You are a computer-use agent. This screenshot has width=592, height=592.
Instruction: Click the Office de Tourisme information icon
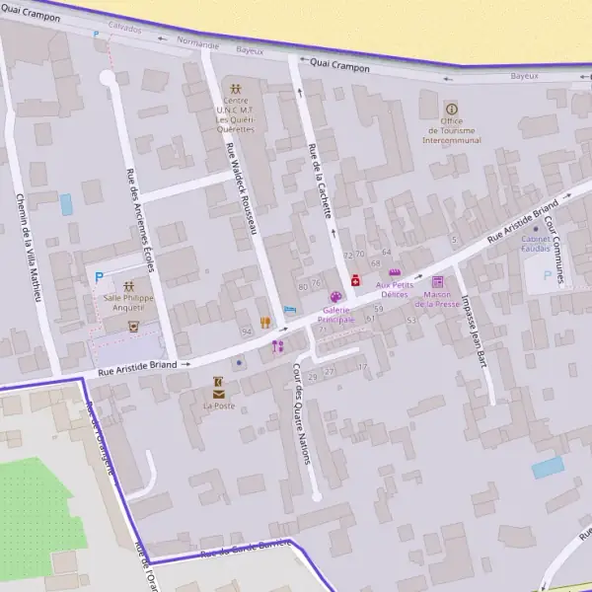coord(452,109)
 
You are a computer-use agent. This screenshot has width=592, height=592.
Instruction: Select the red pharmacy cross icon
coord(355,281)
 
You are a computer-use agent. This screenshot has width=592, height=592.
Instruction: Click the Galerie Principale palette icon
coord(335,297)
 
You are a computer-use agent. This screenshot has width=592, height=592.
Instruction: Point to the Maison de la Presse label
coord(437,299)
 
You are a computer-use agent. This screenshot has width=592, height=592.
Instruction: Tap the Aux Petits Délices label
coord(392,283)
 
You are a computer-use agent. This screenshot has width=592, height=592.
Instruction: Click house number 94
coord(246,332)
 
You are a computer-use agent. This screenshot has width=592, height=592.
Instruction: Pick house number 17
coord(362,367)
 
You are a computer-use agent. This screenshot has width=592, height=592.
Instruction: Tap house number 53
coord(411,320)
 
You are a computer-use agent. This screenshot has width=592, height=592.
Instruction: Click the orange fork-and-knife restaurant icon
coord(264,323)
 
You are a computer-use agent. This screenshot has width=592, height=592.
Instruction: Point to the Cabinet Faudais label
coord(536,244)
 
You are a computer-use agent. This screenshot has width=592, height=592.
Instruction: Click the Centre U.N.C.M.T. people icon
coord(235,89)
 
